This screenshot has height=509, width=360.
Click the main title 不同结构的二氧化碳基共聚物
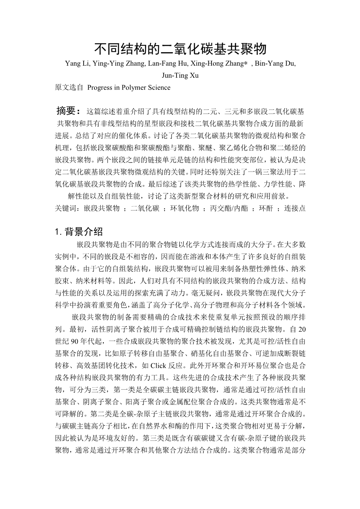(180, 49)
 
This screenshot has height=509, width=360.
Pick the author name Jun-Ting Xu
(180, 75)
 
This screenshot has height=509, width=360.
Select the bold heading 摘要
(68, 111)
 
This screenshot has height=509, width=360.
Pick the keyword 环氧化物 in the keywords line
(185, 208)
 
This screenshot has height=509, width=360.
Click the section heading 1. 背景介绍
(79, 232)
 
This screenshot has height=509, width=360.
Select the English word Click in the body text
(158, 366)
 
